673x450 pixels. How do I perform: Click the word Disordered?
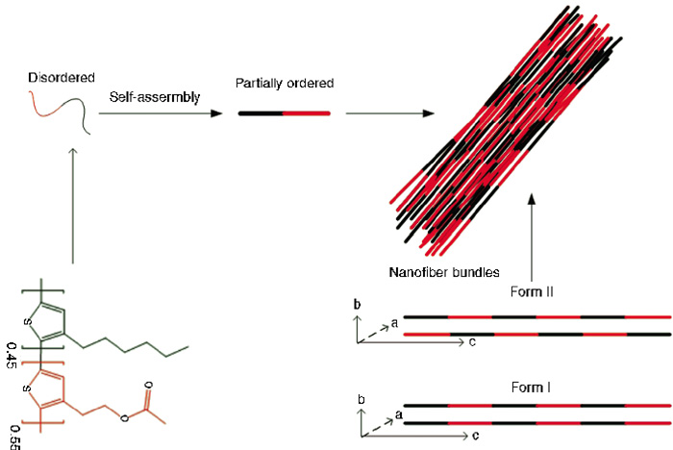pyautogui.click(x=62, y=78)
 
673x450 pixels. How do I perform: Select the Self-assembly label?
pyautogui.click(x=155, y=97)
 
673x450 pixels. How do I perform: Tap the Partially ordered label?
pyautogui.click(x=285, y=84)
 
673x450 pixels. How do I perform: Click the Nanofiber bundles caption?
pyautogui.click(x=444, y=273)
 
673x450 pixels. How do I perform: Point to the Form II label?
pyautogui.click(x=532, y=292)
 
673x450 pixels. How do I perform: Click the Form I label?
pyautogui.click(x=531, y=387)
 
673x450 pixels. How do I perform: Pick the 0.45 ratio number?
pyautogui.click(x=12, y=355)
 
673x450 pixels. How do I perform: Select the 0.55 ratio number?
pyautogui.click(x=14, y=437)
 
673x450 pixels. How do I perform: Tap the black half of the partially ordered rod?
pyautogui.click(x=261, y=113)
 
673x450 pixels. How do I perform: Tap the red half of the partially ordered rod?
pyautogui.click(x=307, y=113)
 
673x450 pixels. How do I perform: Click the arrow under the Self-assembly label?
pyautogui.click(x=161, y=113)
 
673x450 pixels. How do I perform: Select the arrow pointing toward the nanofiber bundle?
pyautogui.click(x=390, y=113)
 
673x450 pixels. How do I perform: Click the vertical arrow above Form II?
pyautogui.click(x=532, y=237)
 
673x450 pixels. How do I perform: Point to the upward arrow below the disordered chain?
pyautogui.click(x=73, y=206)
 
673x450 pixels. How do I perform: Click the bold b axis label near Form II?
pyautogui.click(x=357, y=305)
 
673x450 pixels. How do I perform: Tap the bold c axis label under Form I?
pyautogui.click(x=476, y=436)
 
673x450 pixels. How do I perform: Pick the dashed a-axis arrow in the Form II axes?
pyautogui.click(x=373, y=334)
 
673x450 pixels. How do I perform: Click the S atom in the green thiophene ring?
pyautogui.click(x=28, y=321)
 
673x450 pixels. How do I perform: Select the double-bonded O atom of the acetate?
pyautogui.click(x=149, y=386)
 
